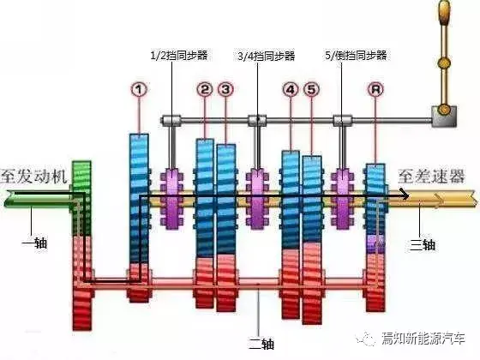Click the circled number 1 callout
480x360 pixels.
point(139,89)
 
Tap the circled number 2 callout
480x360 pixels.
point(205,89)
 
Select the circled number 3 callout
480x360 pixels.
point(225,89)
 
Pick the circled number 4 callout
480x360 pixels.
point(291,89)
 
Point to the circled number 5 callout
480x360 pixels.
point(311,89)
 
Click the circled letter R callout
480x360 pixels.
point(375,89)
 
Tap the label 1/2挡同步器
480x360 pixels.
point(179,56)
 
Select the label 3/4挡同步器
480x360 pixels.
point(266,56)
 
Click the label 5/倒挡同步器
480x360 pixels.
point(356,56)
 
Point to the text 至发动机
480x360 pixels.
point(33,177)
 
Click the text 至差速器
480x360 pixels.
point(431,176)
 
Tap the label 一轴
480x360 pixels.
point(34,243)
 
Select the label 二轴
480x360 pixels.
point(261,344)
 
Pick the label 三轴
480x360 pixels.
point(423,244)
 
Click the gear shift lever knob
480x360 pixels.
point(445,13)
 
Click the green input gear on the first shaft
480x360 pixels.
point(81,198)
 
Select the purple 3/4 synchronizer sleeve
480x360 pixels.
point(257,199)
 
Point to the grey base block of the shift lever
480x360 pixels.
point(444,117)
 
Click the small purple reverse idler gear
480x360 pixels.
point(375,244)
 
